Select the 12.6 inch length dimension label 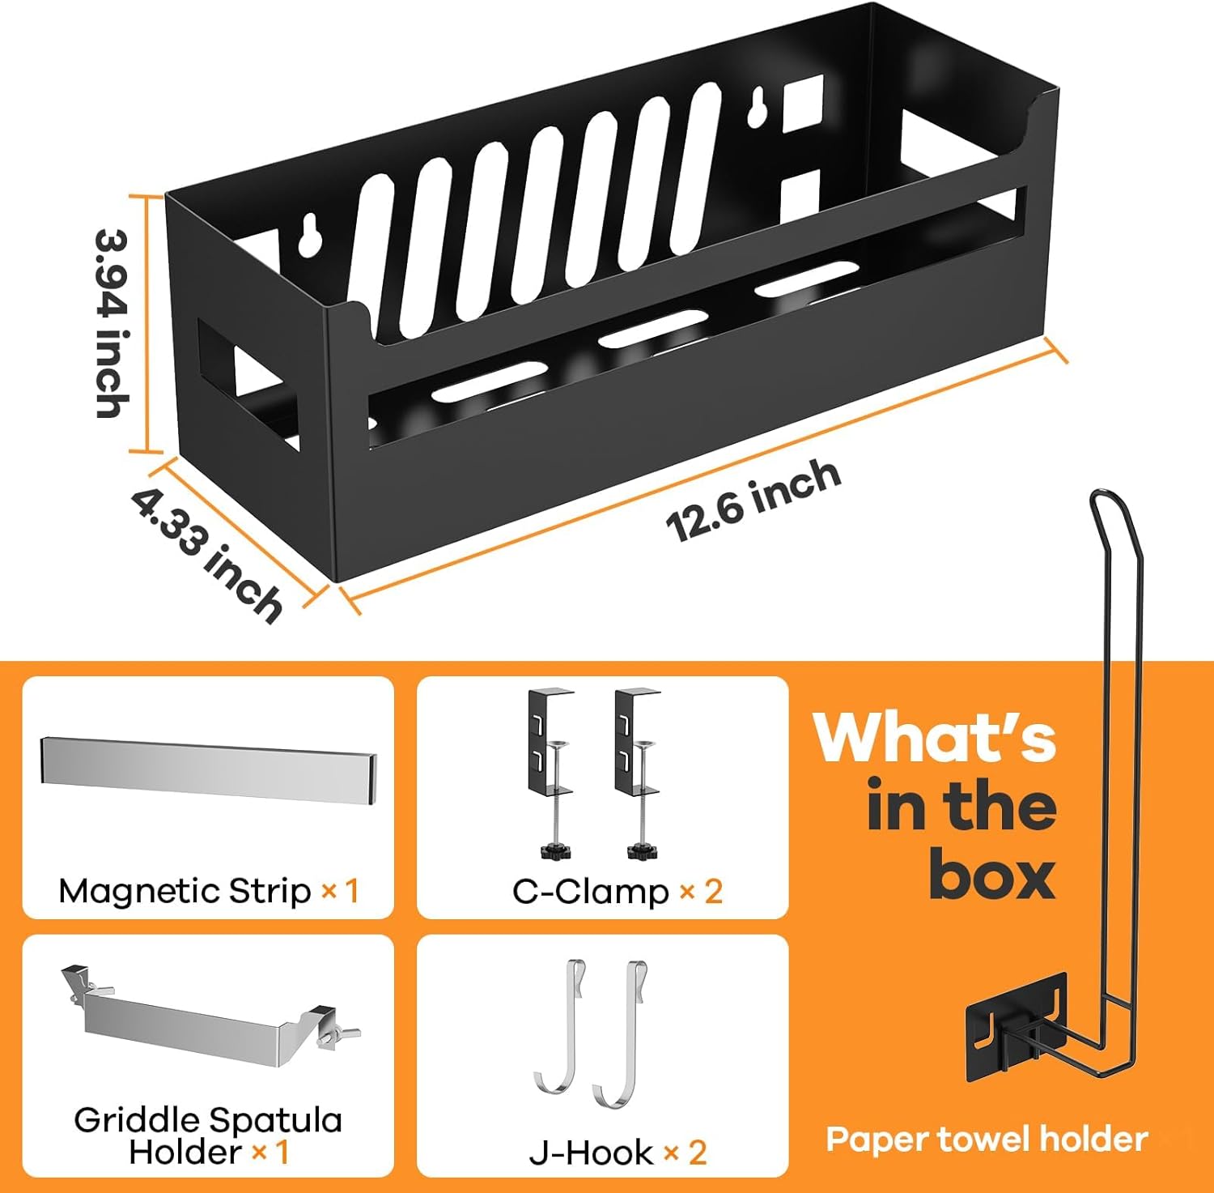(753, 499)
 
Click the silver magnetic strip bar (208, 770)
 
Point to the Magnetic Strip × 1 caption (208, 891)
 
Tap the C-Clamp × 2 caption (617, 892)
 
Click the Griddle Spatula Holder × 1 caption (208, 1135)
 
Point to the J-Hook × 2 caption (618, 1152)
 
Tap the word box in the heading (992, 875)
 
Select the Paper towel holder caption (987, 1139)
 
